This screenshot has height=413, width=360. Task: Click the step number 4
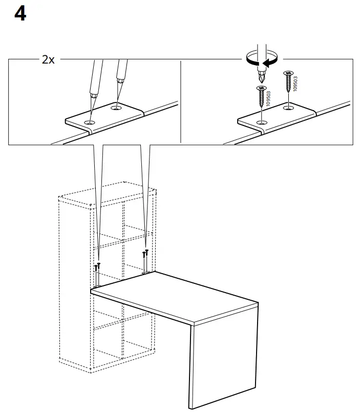20,14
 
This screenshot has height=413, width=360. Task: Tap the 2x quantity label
48,60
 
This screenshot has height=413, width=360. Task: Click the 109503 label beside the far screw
295,82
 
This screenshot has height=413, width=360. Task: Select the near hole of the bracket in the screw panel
263,122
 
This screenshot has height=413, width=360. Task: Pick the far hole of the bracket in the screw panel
288,108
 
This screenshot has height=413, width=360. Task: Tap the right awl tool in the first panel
121,74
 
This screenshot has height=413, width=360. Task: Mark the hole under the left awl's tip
91,122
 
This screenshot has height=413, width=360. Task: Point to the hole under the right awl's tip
117,108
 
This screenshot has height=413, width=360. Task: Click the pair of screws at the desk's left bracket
97,267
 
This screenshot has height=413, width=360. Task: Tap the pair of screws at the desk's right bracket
146,253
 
